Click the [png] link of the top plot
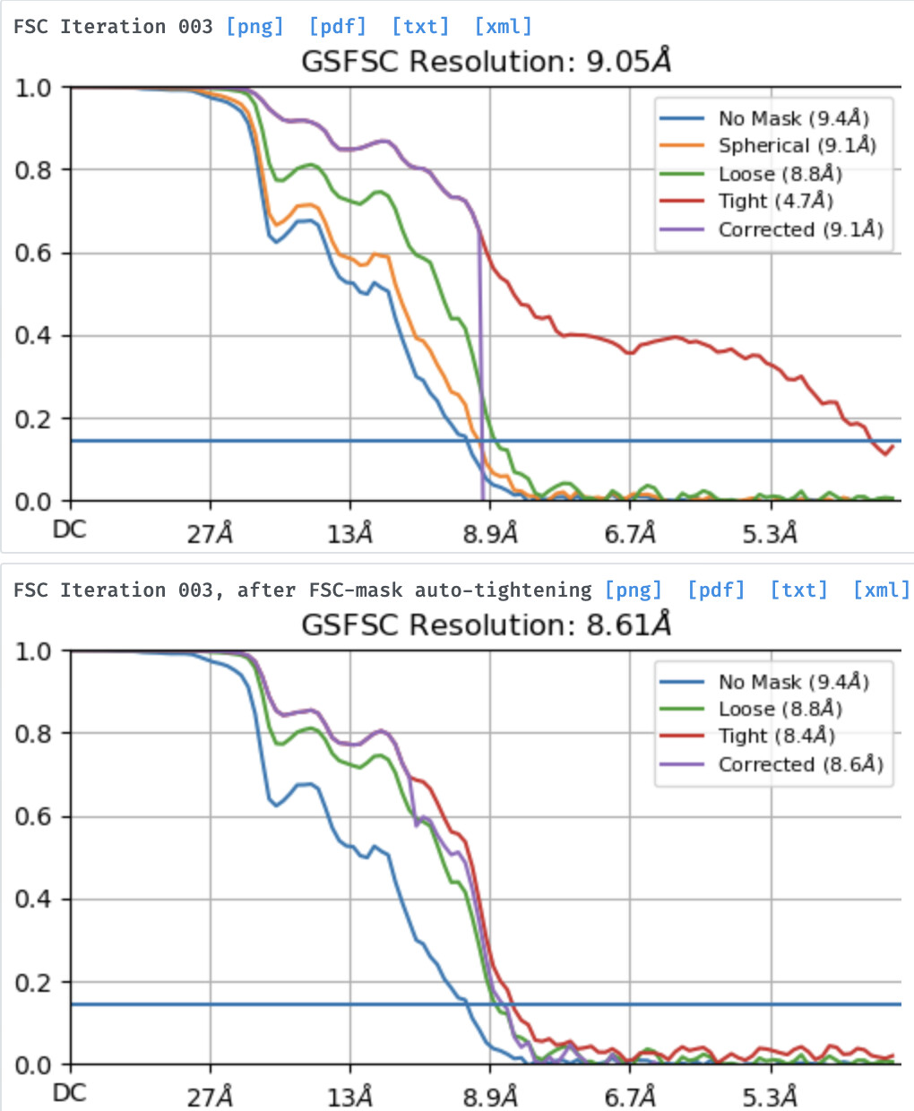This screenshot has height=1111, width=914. (255, 26)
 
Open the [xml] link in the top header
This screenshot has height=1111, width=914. (503, 26)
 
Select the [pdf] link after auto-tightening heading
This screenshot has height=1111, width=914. (716, 590)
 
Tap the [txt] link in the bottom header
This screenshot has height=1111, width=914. (798, 590)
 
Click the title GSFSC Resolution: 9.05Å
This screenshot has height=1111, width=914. (486, 62)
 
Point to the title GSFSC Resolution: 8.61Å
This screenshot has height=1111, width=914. (486, 624)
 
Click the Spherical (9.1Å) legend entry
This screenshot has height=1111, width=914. (797, 145)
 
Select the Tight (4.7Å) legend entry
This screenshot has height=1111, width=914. (775, 201)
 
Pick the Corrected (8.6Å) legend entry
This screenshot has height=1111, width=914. (800, 764)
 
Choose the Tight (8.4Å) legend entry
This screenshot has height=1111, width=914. (776, 736)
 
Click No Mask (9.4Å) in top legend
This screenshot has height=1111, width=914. (793, 118)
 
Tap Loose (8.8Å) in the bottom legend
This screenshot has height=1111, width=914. (780, 710)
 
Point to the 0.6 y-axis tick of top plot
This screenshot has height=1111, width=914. (33, 254)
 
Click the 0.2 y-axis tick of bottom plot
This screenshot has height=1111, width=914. (33, 983)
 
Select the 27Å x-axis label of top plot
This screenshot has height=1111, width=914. (210, 534)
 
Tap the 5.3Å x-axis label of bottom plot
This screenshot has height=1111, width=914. (769, 1097)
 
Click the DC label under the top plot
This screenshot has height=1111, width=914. (69, 530)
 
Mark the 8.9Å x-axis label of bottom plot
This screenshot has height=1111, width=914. (490, 1097)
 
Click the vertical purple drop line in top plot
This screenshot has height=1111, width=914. (481, 376)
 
